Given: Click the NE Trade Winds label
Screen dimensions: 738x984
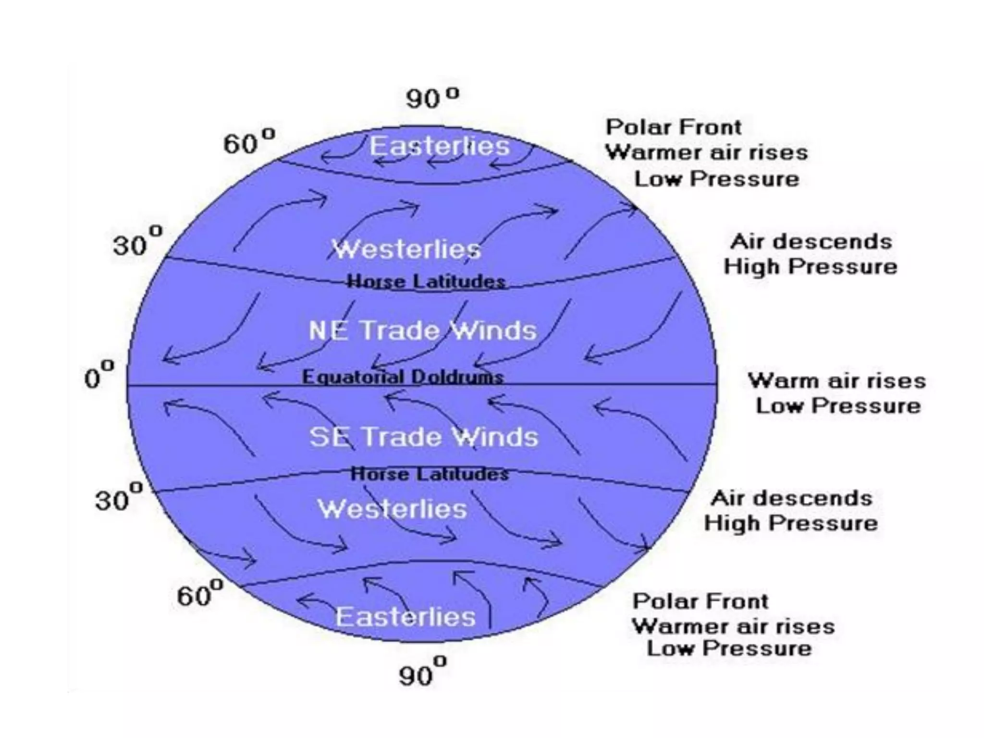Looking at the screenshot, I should (422, 331).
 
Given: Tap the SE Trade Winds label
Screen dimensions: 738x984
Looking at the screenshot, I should (424, 437).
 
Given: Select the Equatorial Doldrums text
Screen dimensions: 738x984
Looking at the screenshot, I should (403, 377).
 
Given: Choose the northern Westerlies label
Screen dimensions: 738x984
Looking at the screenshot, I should (406, 249).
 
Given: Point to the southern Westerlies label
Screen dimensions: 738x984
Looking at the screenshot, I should (392, 509).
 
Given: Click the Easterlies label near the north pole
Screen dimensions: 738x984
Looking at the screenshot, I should (439, 146).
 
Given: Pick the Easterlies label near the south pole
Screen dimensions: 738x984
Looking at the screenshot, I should (406, 616).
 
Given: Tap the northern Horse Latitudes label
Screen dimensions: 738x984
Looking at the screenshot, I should (426, 281).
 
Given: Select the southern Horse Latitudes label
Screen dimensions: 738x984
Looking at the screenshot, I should (430, 474).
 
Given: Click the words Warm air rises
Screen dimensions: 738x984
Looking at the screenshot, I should (836, 381).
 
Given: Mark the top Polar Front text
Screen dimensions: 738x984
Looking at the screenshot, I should (674, 127).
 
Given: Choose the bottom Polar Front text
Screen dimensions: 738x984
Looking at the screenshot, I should (701, 601).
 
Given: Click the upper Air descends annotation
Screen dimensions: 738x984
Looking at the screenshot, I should (811, 241).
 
